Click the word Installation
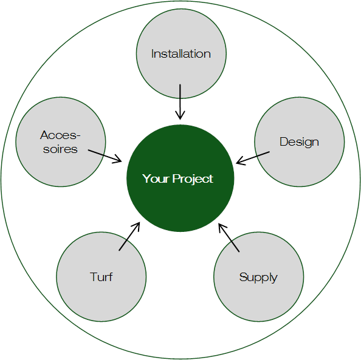pyautogui.click(x=181, y=54)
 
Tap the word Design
pyautogui.click(x=299, y=143)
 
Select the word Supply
pyautogui.click(x=258, y=277)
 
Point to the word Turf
pyautogui.click(x=101, y=277)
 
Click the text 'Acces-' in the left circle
pyautogui.click(x=60, y=135)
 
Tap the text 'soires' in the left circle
pyautogui.click(x=60, y=149)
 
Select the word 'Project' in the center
pyautogui.click(x=193, y=179)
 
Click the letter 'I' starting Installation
pyautogui.click(x=153, y=54)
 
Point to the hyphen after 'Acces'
pyautogui.click(x=78, y=136)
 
